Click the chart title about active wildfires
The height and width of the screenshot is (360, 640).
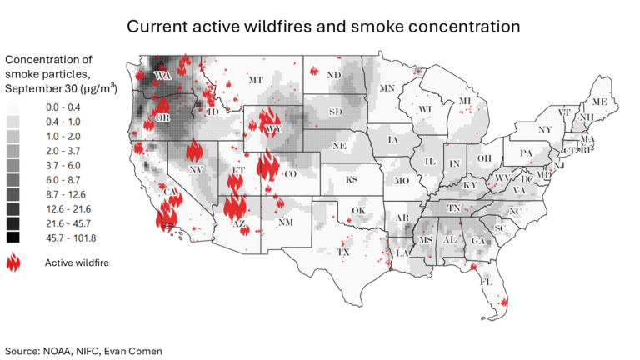click(x=323, y=27)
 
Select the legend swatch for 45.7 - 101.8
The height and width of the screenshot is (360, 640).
click(x=14, y=237)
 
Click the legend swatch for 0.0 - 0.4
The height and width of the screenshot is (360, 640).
click(x=14, y=107)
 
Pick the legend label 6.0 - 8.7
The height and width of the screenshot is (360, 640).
click(x=64, y=180)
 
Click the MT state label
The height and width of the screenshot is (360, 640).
click(x=256, y=81)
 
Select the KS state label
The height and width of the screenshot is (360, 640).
click(x=352, y=179)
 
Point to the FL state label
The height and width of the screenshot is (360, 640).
click(x=486, y=282)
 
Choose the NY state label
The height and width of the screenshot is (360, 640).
click(x=545, y=130)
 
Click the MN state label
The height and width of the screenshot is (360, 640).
click(x=387, y=88)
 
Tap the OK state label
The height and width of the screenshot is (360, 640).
click(x=358, y=210)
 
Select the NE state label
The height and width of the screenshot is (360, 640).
click(x=339, y=147)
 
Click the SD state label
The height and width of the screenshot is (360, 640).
click(x=336, y=112)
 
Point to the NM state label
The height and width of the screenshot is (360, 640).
click(x=285, y=222)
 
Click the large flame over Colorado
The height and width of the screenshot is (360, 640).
click(x=268, y=166)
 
